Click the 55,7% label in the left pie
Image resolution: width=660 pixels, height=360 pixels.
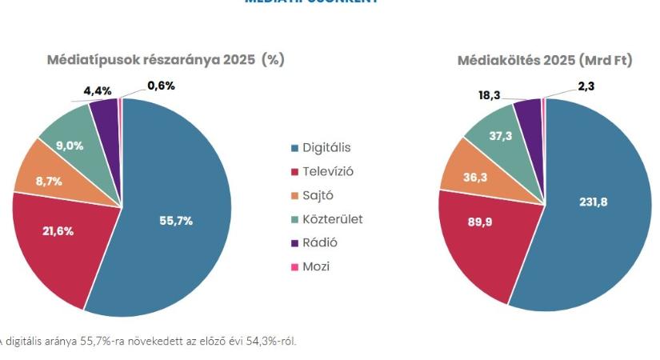point(175,222)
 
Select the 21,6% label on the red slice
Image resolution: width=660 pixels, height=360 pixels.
point(58,231)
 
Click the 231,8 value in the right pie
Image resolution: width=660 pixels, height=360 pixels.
point(593,202)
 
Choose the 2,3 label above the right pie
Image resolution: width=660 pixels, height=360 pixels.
point(586,86)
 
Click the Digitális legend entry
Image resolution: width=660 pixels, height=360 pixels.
point(326,148)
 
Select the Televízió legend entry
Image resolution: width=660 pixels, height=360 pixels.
point(327,172)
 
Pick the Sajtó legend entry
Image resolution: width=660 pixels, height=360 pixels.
point(318,195)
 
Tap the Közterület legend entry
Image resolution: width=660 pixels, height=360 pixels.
point(332,219)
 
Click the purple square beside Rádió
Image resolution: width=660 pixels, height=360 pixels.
point(295,243)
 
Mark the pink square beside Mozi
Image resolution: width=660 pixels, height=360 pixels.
point(295,267)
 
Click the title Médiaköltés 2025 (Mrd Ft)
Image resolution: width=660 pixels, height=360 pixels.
point(545,61)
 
